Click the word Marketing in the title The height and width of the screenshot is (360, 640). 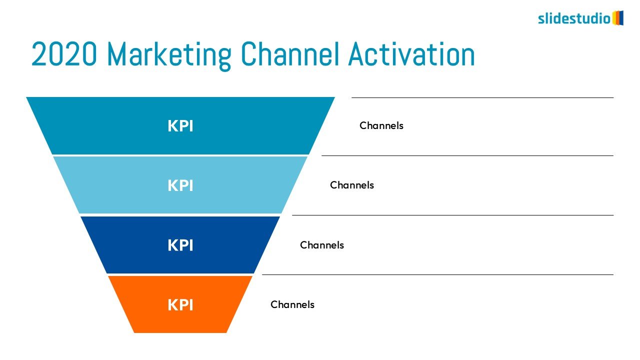coord(169,54)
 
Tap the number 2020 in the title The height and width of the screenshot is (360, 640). coord(64,53)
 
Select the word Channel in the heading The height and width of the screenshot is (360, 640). coord(289,53)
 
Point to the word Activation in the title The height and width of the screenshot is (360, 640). coord(411,53)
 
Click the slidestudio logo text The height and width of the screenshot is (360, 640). coord(574,18)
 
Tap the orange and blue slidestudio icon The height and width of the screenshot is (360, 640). coord(617,18)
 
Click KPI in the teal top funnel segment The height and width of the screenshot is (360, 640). coord(180,126)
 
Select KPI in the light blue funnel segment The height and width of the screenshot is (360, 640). coord(180,185)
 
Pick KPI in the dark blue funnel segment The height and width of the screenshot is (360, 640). coord(180,245)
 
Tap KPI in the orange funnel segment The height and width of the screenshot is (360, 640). coord(180,304)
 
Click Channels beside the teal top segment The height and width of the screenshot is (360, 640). coord(381,125)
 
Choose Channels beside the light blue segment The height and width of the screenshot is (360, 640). coord(352,185)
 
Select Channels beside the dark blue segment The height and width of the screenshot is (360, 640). coord(322,245)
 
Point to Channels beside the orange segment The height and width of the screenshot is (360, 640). coord(292,304)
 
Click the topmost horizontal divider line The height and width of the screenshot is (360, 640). coord(482,97)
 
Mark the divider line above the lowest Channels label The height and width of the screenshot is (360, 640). coord(437,275)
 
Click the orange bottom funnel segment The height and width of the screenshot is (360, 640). coord(180,304)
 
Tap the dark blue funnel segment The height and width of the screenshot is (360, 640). coord(180,245)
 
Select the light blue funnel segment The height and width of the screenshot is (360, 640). coord(180,185)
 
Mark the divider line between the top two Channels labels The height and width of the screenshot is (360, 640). coord(467,155)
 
